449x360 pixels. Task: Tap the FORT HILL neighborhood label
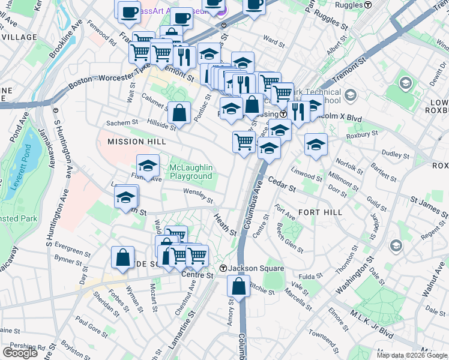tap(321, 212)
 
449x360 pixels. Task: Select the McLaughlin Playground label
tap(191, 172)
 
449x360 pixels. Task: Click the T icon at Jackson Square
tap(223, 268)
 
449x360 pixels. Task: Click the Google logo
tap(20, 353)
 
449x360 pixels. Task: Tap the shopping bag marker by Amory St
tap(238, 286)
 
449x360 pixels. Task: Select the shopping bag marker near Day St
tap(122, 257)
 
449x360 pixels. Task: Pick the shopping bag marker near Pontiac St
tap(179, 112)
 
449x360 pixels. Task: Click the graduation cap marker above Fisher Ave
tap(148, 166)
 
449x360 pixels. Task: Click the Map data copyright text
tap(411, 355)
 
